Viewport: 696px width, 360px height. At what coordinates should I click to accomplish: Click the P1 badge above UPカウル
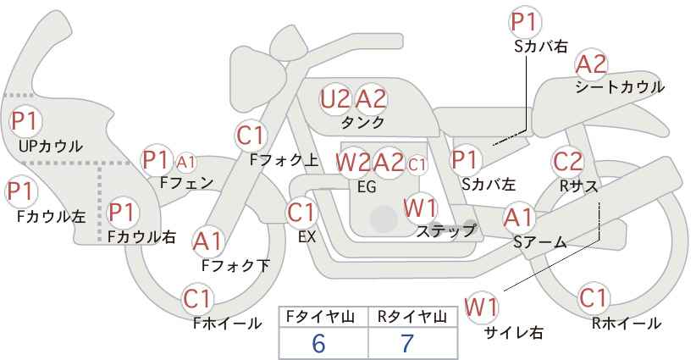24,121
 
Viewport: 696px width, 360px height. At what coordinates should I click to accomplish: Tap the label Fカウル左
52,216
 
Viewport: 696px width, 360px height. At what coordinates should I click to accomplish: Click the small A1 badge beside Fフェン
186,161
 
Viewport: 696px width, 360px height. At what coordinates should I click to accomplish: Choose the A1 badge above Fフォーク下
208,241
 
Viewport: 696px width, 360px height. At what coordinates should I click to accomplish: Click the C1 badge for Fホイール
198,298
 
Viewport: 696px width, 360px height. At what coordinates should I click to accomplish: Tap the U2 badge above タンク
335,99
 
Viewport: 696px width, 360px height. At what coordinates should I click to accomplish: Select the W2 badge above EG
352,162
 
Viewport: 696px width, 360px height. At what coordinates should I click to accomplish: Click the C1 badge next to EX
302,212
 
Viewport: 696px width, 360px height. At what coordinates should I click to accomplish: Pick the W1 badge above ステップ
421,207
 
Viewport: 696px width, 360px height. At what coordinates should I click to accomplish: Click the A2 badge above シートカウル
591,64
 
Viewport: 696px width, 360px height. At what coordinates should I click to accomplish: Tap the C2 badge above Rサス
567,161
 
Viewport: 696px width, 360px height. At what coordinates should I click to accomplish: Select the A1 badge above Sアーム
519,219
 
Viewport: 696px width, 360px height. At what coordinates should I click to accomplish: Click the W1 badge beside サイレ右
483,306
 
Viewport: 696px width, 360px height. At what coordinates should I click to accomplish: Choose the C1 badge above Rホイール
594,298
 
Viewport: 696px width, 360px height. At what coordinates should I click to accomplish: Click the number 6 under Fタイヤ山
318,343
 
